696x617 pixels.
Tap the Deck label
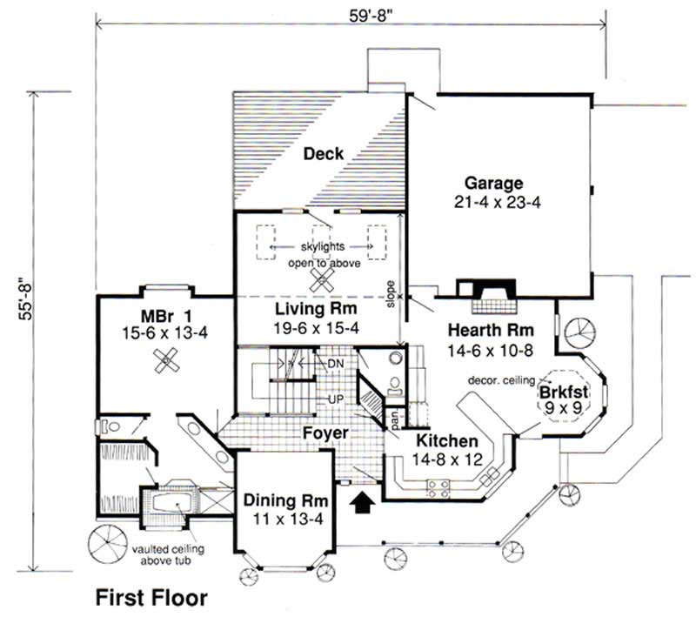(x=323, y=155)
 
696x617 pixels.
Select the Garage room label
(x=493, y=184)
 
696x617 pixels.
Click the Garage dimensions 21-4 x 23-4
(x=493, y=202)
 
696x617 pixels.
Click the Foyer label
(x=326, y=433)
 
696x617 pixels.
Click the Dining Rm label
(x=284, y=501)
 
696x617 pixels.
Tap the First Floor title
(x=151, y=598)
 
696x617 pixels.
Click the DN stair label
(x=333, y=362)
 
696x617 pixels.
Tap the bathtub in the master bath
(x=175, y=502)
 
